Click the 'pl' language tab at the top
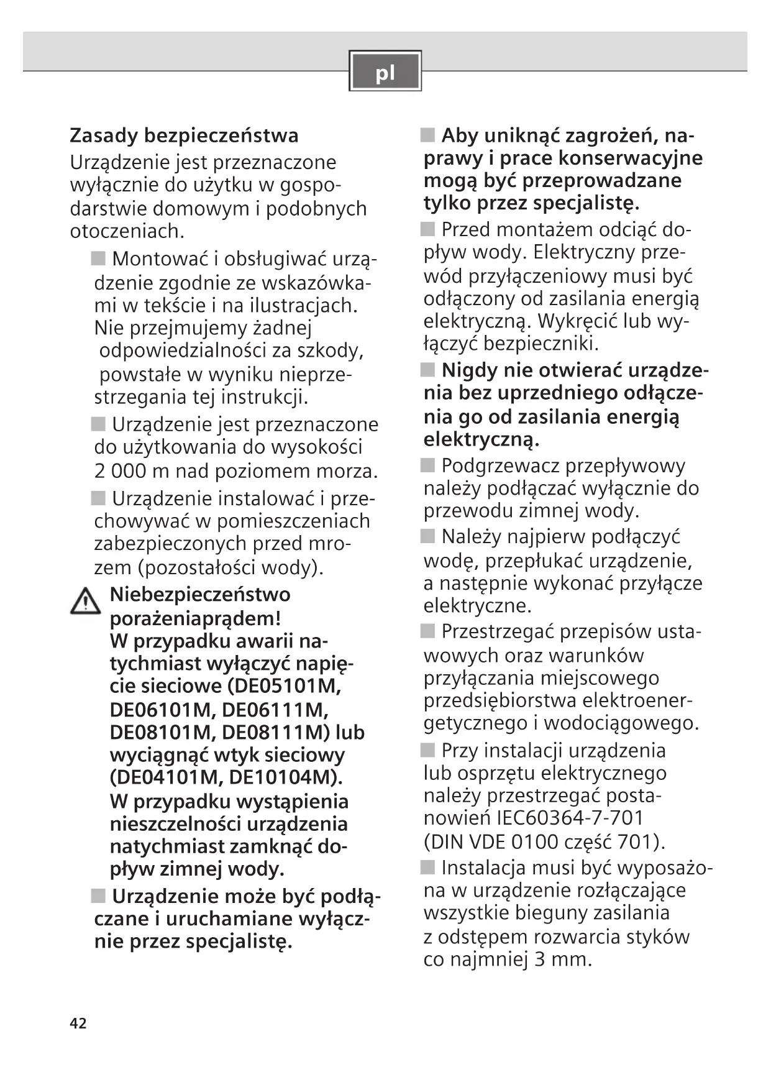(385, 71)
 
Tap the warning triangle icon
(85, 602)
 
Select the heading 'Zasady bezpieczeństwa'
(184, 135)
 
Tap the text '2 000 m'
(131, 471)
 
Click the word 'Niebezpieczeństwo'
(200, 594)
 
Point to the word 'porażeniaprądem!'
(195, 618)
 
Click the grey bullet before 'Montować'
(98, 259)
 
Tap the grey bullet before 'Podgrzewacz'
(427, 465)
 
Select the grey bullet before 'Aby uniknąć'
(427, 135)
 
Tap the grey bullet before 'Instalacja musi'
(427, 868)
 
